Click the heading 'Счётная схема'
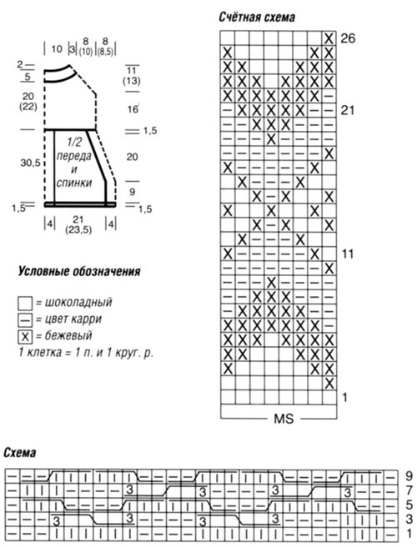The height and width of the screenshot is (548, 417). tap(257, 18)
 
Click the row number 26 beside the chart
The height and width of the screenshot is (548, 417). tap(348, 38)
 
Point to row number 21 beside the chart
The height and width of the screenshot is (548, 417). tap(347, 110)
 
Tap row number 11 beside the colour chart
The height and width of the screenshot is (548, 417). tap(348, 254)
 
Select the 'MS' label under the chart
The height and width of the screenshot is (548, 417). tap(284, 419)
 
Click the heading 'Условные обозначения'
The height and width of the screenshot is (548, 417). tap(79, 272)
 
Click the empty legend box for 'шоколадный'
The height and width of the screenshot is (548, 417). tap(25, 304)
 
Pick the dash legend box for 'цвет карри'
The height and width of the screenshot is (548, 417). tap(25, 319)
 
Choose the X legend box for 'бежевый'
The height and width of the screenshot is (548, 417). tap(25, 337)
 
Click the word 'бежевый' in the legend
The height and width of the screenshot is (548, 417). tap(68, 335)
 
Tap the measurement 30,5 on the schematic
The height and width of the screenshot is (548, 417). tap(30, 163)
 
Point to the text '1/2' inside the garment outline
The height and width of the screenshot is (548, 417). tap(74, 142)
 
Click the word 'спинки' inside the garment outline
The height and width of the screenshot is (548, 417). tap(74, 183)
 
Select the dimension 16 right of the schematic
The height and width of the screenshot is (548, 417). tap(133, 109)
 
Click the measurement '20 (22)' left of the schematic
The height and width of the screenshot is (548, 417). tap(28, 102)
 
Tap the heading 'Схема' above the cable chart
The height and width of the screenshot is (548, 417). tap(20, 453)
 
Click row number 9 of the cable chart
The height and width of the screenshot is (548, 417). tap(409, 475)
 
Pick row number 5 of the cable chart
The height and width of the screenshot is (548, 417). tap(409, 505)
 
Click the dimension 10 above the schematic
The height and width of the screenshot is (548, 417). tap(57, 48)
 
